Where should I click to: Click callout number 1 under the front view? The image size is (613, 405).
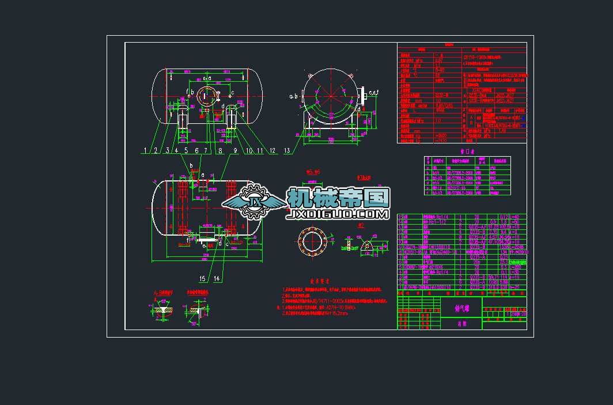146,150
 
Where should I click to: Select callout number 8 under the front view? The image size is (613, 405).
219,150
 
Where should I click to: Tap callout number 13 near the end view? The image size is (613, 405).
287,150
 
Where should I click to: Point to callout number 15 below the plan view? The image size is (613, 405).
202,279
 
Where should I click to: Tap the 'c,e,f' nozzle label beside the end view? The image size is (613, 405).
373,92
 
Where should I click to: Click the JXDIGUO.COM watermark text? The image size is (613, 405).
337,214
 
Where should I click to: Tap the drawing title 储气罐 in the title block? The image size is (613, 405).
459,308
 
